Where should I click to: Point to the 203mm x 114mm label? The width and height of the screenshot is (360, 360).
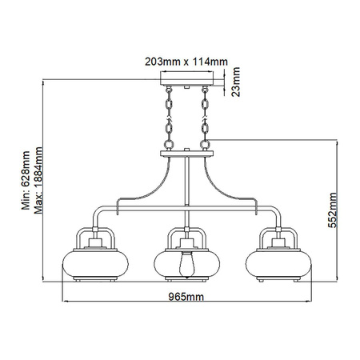pos(190,59)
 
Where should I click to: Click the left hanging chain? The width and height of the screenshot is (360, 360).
pos(170,118)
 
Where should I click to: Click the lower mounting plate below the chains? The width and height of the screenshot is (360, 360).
pos(190,152)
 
